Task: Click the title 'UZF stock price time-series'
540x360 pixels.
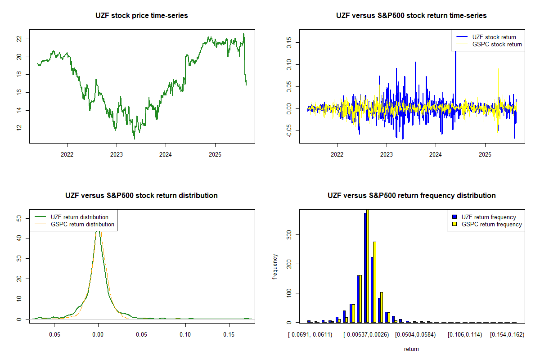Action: pos(142,16)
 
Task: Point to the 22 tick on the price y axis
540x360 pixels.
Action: pos(19,39)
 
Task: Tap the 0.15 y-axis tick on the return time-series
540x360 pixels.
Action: pos(289,42)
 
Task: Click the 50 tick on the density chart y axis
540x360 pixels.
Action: pos(19,218)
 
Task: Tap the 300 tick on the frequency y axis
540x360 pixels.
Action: pos(289,234)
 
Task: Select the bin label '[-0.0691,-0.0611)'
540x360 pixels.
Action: pos(310,335)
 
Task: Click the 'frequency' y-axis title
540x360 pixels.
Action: pos(275,267)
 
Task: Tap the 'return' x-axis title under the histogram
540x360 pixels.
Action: pos(411,349)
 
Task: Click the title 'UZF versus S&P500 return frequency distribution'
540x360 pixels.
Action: pos(411,196)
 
